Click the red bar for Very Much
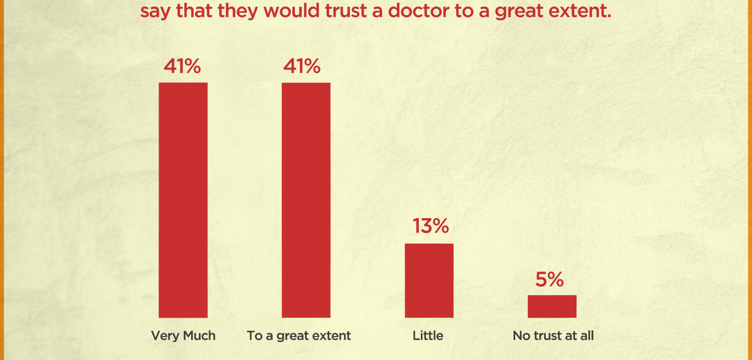(183, 200)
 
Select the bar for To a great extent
(306, 200)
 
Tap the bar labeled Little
(429, 280)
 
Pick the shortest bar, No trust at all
(552, 306)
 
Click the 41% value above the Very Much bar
(182, 66)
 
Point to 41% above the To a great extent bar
(302, 66)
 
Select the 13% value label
(431, 226)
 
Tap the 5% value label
(549, 279)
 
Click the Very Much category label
(183, 336)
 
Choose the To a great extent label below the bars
(299, 336)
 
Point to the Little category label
(428, 336)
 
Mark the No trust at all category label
(553, 336)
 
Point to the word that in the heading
(194, 11)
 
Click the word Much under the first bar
(199, 336)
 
